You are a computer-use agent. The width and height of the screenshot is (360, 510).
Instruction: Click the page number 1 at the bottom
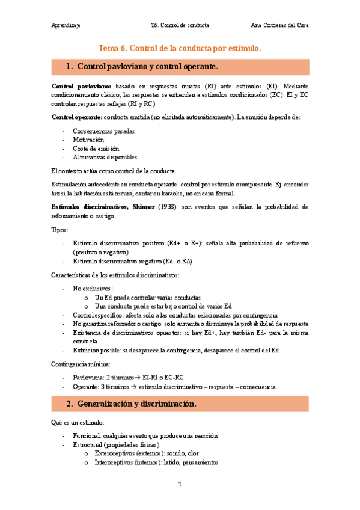click(180, 485)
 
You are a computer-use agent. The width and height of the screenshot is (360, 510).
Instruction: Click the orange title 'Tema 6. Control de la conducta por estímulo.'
click(180, 48)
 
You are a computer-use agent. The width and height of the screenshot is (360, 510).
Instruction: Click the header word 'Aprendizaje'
click(66, 25)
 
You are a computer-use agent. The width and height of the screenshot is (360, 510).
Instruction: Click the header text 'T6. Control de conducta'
click(180, 25)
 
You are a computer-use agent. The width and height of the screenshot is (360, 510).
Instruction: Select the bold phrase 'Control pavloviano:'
click(82, 87)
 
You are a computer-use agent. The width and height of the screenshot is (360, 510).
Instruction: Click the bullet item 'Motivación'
click(88, 139)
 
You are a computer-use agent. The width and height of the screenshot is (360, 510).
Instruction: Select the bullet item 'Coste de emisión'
click(96, 148)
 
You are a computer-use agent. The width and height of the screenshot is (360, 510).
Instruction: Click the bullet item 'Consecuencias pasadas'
click(103, 130)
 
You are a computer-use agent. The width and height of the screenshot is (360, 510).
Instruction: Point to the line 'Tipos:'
click(60, 230)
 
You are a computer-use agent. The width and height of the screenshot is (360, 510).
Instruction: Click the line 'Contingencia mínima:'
click(81, 364)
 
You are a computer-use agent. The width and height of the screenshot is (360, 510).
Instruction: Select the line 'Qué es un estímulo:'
click(78, 422)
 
